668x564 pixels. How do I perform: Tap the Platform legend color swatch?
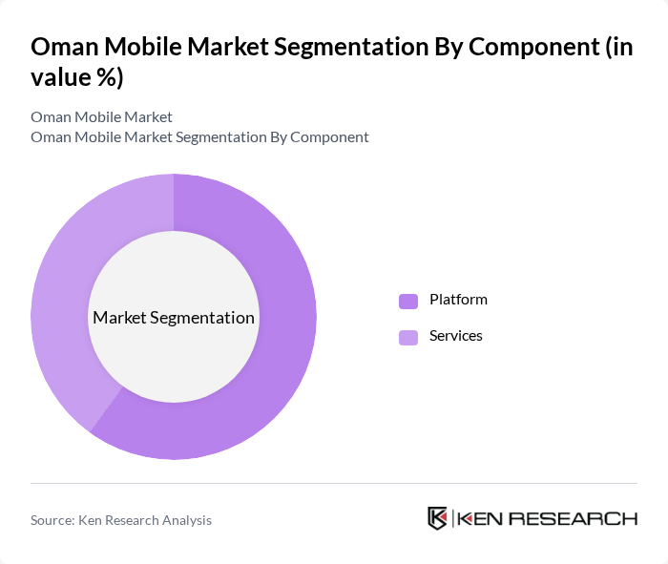(x=408, y=301)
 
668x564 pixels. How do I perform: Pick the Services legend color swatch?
(x=408, y=337)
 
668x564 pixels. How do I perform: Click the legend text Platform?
(x=458, y=300)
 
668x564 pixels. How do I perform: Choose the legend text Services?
(x=456, y=336)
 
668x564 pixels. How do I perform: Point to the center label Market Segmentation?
(x=174, y=318)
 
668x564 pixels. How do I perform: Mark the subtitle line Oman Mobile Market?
(x=101, y=116)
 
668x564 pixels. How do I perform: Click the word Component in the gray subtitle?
(x=329, y=136)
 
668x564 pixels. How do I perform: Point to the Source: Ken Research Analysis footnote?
(x=121, y=520)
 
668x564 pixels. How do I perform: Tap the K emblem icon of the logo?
(x=438, y=518)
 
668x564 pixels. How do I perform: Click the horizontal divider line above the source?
(x=334, y=484)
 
